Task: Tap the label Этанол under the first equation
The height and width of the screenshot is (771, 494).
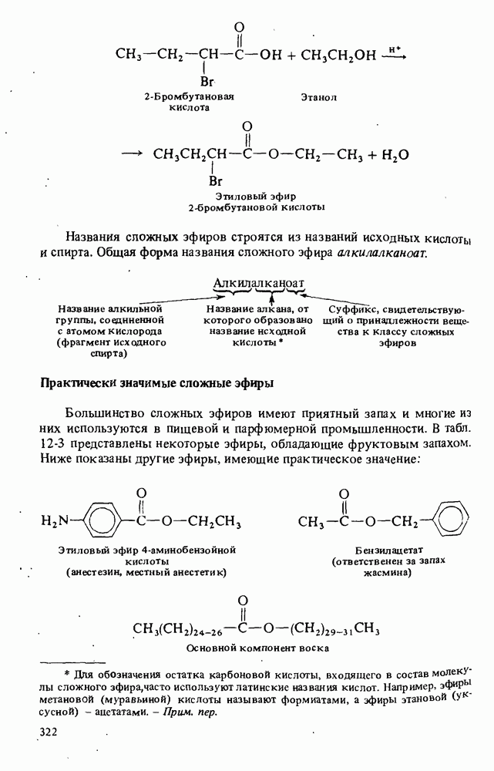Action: [x=319, y=98]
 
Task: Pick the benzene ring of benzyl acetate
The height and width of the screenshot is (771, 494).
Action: [x=451, y=522]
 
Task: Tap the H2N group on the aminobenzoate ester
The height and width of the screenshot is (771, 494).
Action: [x=55, y=523]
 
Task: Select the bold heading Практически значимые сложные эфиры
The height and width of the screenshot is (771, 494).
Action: [x=157, y=382]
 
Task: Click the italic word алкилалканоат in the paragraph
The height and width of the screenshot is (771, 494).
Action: [x=381, y=253]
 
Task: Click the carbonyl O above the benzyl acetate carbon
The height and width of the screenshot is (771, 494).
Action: [x=344, y=494]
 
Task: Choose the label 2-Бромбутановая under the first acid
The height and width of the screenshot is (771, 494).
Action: [x=189, y=98]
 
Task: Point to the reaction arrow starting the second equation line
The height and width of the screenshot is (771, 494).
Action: [x=133, y=153]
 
